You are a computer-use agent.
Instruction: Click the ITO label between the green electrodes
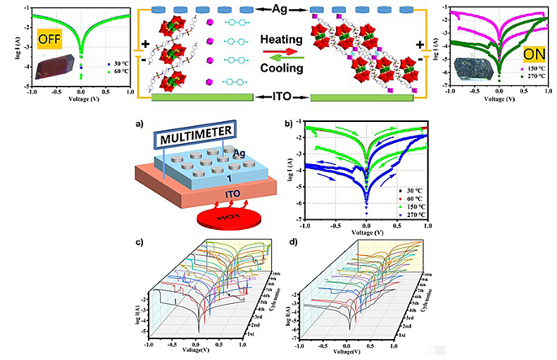point(278,97)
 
